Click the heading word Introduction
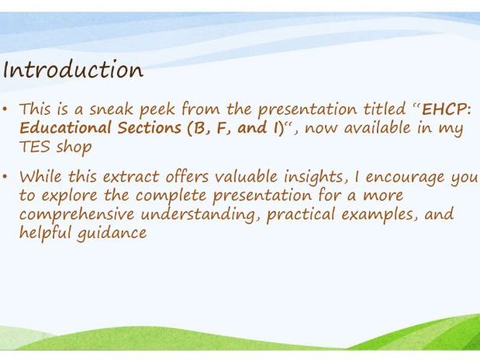73,70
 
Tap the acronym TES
34,147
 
